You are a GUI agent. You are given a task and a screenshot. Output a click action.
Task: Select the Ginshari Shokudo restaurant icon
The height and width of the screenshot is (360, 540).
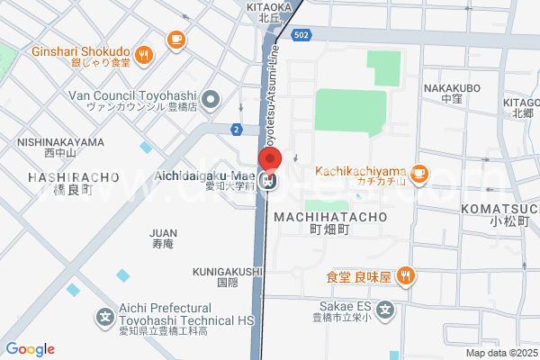(x=144, y=57)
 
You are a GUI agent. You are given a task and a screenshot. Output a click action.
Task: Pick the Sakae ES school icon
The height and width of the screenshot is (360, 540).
(x=385, y=311)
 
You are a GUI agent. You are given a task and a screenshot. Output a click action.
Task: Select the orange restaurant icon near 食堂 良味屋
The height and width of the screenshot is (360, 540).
(x=406, y=276)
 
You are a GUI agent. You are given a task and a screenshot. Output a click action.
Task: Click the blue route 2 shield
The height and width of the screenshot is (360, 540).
(x=236, y=130)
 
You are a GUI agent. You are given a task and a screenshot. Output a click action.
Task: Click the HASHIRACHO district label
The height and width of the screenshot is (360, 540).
(x=73, y=178)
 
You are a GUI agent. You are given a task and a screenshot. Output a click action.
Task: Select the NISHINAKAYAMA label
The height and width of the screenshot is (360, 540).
(x=59, y=141)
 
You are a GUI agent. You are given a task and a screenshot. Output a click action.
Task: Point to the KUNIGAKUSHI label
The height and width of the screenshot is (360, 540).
(x=227, y=271)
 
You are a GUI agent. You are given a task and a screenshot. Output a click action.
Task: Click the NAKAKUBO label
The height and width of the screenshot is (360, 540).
(x=452, y=87)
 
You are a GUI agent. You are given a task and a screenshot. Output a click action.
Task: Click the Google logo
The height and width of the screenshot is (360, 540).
(x=30, y=349)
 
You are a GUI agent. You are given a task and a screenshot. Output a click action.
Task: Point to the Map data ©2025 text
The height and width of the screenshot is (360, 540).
(x=499, y=352)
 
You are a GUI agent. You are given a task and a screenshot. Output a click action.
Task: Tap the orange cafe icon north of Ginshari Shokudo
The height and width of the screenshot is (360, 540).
(x=175, y=39)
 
